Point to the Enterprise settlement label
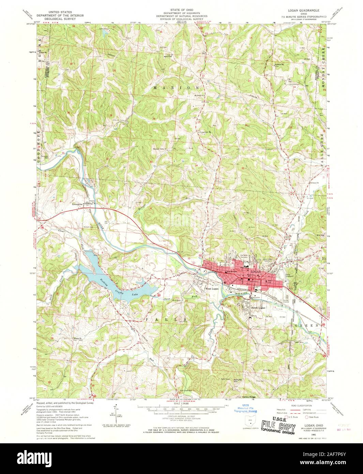tap(78, 204)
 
